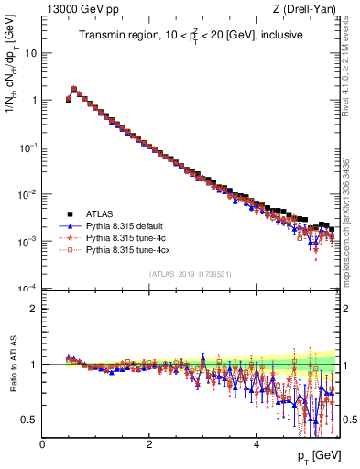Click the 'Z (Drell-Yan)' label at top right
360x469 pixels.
[x=309, y=9]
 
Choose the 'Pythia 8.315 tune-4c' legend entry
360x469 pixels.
[x=125, y=237]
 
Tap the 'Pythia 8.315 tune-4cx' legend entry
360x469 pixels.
[x=126, y=249]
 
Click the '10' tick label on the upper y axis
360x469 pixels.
[x=30, y=53]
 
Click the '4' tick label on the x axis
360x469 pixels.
[x=256, y=443]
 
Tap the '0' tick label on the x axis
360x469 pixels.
[x=42, y=443]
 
